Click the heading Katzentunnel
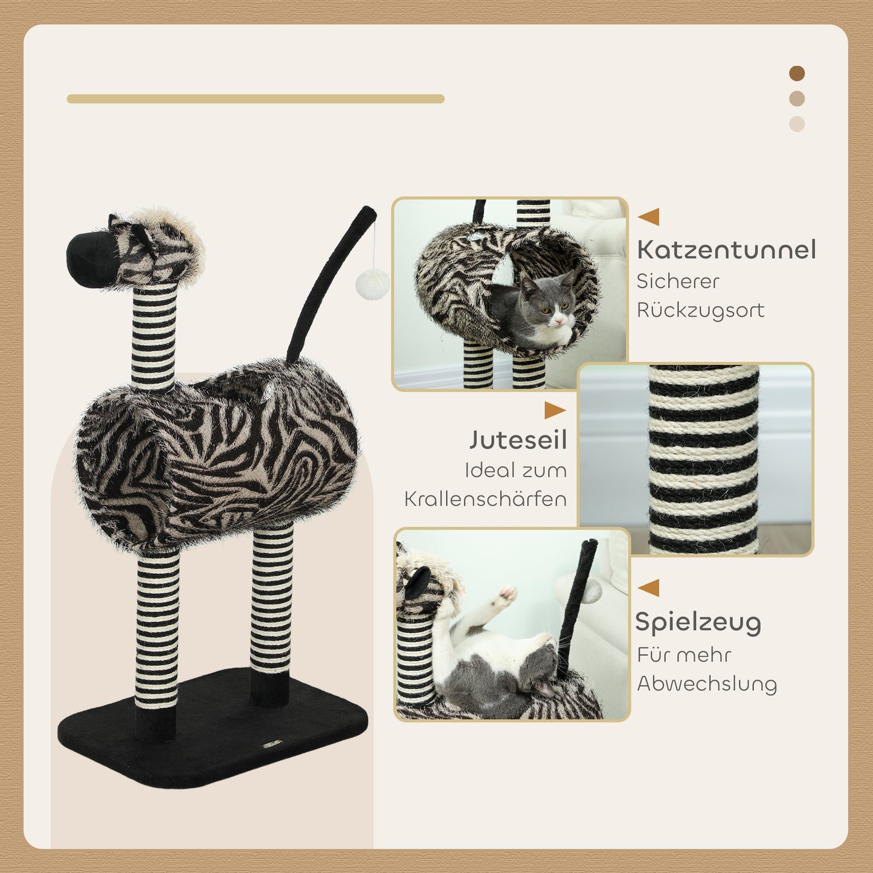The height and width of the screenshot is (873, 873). coord(726,250)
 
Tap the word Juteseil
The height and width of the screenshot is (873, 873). coord(518,440)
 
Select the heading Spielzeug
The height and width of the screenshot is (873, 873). coord(698,622)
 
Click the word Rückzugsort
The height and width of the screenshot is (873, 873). coord(700,311)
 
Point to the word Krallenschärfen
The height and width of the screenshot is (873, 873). coord(485,499)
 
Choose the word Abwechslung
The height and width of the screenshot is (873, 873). coord(707,684)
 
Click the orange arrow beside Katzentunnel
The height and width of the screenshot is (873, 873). coord(649,217)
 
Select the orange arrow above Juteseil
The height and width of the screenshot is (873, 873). coord(554,410)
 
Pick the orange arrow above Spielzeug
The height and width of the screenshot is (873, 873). coord(649,587)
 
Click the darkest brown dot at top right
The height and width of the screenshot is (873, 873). coord(797,74)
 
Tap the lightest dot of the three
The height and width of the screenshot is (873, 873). coord(797,124)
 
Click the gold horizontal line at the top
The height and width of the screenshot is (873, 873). coord(256,99)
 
